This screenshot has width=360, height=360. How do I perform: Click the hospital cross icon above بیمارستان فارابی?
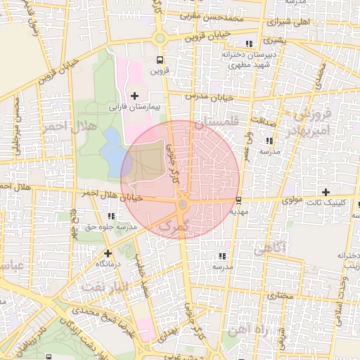pyautogui.click(x=135, y=95)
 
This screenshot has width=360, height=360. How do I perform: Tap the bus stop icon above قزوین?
pyautogui.click(x=160, y=59)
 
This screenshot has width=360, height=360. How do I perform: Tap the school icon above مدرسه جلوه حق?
pyautogui.click(x=110, y=216)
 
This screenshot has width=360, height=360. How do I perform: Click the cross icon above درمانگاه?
pyautogui.click(x=108, y=252)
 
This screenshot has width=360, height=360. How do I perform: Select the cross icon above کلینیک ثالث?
pyautogui.click(x=325, y=192)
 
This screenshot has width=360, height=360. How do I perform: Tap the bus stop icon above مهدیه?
pyautogui.click(x=239, y=199)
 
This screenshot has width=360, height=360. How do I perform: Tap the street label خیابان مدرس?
pyautogui.click(x=208, y=95)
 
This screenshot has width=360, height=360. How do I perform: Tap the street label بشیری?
pyautogui.click(x=275, y=41)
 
